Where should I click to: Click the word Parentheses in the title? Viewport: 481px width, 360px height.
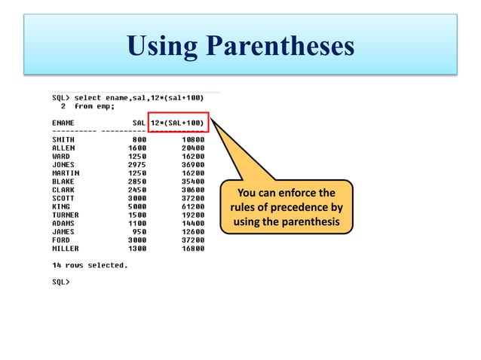point(280,47)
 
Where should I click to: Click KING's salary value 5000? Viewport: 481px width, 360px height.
point(138,206)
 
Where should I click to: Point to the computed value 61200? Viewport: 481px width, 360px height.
point(193,206)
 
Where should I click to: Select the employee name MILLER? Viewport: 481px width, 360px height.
point(66,248)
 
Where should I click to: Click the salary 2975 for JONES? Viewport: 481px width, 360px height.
point(138,164)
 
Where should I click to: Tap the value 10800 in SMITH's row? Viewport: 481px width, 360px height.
point(193,139)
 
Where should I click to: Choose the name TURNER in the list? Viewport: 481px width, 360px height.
point(66,215)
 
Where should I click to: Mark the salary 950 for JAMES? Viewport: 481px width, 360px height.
point(139,231)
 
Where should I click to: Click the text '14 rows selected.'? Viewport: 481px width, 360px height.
point(90,265)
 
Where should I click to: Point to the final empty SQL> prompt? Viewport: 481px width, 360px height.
point(60,282)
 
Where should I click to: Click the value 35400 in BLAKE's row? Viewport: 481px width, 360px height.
point(193,181)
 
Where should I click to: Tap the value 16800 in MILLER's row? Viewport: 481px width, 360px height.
point(193,248)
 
